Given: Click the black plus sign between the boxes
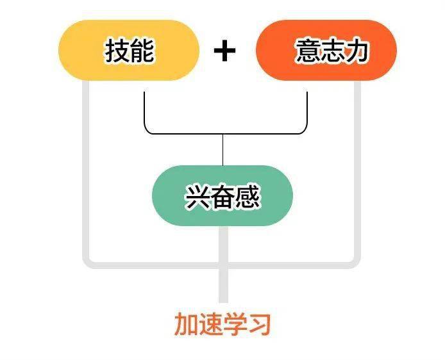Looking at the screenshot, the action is point(224,51).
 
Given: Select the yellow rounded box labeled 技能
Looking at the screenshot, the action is point(129,50).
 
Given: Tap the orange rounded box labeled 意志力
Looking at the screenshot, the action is point(326,50).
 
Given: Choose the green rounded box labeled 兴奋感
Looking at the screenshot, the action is point(222,195).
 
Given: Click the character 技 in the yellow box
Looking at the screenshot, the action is point(117,51).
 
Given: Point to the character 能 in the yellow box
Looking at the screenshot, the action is point(142,51).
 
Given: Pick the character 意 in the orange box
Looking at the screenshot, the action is point(308,51).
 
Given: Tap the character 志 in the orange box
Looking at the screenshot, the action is point(332,51).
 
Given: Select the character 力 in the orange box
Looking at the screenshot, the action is point(356,51).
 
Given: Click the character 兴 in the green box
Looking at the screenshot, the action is point(197,197).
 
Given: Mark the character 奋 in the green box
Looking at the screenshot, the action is point(222,197).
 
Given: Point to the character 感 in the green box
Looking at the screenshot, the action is point(247,197).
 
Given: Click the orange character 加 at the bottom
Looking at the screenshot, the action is point(186,324).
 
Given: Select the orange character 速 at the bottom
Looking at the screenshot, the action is point(210,324).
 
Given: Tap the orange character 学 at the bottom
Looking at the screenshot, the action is point(235,324).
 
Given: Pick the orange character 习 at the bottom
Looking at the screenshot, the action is point(259,324).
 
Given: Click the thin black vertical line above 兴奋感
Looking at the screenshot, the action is point(222,150).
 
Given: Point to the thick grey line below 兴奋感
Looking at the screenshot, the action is point(224,265).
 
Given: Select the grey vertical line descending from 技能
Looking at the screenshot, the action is point(86,170).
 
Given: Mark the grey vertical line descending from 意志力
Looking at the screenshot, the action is point(357,170).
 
